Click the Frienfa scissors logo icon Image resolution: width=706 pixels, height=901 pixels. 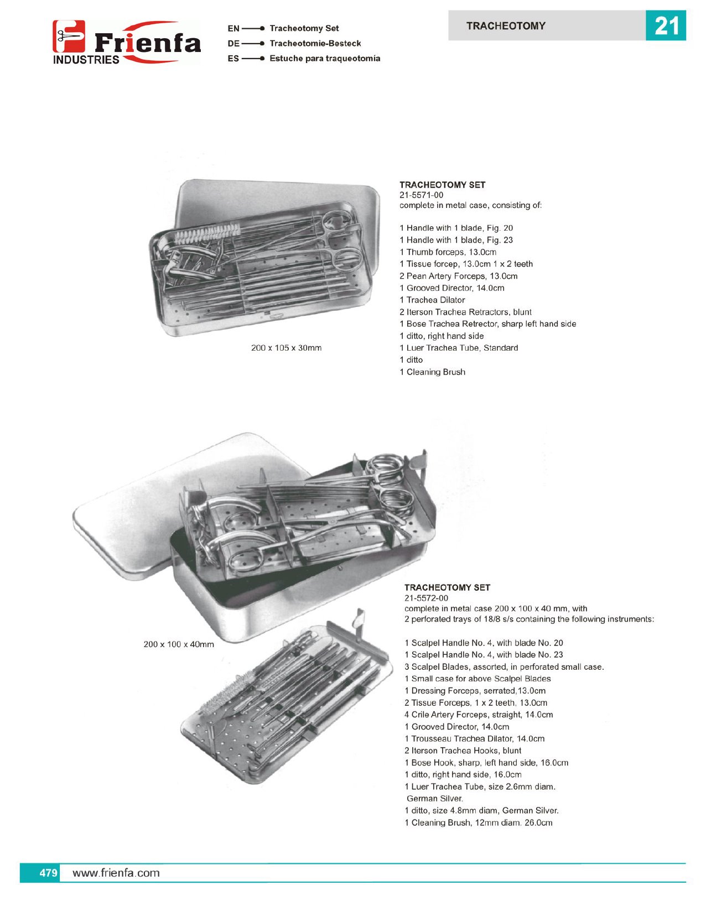(69, 36)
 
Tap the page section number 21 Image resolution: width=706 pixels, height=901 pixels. (666, 25)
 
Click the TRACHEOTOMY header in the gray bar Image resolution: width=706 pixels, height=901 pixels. (506, 25)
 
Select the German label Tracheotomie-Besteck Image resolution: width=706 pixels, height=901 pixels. (315, 44)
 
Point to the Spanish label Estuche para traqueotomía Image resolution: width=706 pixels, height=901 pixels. (325, 59)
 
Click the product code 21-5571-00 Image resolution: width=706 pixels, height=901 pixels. (422, 195)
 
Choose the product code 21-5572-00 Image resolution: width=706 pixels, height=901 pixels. (427, 598)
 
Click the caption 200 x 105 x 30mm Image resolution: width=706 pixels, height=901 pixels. (286, 348)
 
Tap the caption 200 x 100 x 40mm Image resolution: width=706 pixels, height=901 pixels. (179, 644)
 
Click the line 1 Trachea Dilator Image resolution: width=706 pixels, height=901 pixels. (432, 300)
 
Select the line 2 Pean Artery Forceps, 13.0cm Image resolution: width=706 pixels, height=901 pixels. (458, 276)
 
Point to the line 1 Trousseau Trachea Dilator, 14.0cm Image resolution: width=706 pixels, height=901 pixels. (475, 738)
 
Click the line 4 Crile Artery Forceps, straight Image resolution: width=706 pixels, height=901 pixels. (479, 715)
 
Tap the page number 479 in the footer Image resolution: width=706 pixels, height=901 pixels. (49, 873)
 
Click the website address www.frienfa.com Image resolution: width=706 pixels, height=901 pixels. (116, 873)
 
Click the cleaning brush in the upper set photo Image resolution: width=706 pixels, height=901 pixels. (207, 233)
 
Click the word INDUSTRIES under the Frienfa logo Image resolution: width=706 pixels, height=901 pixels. (86, 60)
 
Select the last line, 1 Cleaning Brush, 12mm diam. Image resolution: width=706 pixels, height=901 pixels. (478, 822)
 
